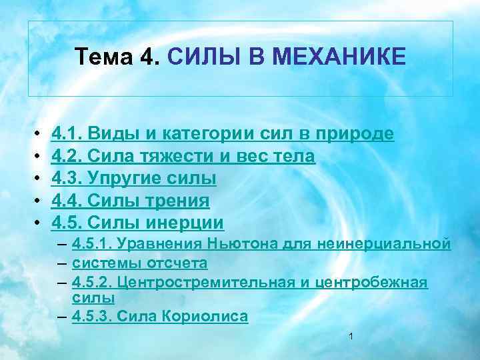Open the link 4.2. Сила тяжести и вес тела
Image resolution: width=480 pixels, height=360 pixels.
tap(183, 156)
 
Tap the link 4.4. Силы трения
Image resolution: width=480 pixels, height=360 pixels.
tap(130, 200)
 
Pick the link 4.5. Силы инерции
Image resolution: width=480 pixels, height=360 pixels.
tap(137, 221)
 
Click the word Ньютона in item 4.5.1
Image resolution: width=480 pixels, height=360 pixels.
tap(233, 245)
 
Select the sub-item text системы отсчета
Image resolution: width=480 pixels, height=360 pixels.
tap(139, 263)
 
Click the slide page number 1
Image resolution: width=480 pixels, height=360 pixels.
tap(350, 337)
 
